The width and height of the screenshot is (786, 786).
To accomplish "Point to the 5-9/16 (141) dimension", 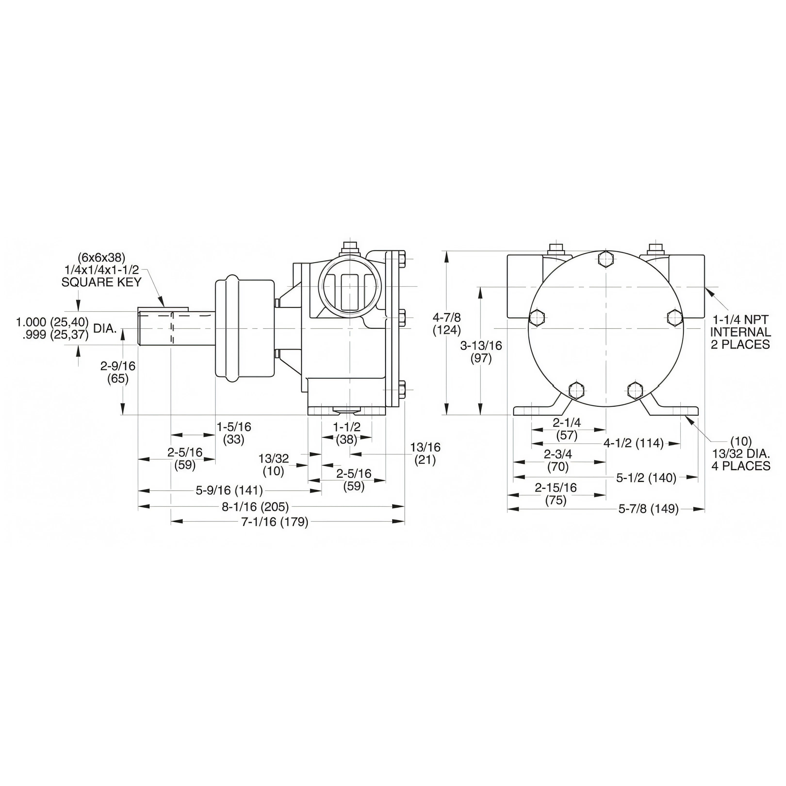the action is (x=229, y=490).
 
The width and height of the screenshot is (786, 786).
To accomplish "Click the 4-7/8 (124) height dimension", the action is (x=447, y=323).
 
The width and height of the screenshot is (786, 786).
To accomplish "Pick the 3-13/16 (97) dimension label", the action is (x=481, y=352).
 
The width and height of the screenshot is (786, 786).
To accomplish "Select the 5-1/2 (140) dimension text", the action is (x=646, y=478).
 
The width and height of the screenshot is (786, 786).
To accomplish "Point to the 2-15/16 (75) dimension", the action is (x=556, y=493).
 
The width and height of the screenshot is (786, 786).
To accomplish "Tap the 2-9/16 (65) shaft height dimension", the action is (x=118, y=372).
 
